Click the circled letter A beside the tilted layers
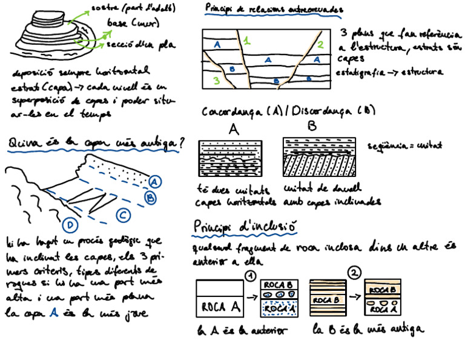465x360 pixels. (155, 181)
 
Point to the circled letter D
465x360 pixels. (71, 226)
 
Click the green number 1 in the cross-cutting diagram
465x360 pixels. (246, 41)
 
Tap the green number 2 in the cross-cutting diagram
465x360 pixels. (321, 44)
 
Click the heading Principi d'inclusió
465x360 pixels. (244, 225)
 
